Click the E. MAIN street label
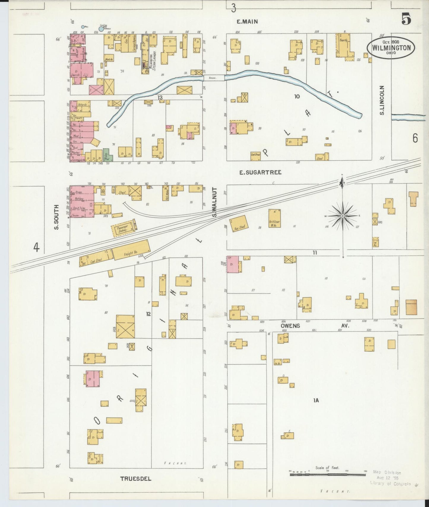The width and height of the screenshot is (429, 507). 247,21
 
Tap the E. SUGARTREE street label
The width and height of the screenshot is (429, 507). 260,172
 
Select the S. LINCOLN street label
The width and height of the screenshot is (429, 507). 382,100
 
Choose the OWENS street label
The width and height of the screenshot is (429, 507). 290,326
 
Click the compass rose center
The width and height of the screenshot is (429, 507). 342,216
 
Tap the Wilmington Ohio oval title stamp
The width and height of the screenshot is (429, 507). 391,47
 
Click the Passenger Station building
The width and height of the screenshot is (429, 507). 123,229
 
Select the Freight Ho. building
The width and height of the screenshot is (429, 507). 131,250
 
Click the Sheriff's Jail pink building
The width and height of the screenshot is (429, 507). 81,73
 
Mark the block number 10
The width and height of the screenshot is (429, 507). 297,96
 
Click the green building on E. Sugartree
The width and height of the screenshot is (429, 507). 108,155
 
